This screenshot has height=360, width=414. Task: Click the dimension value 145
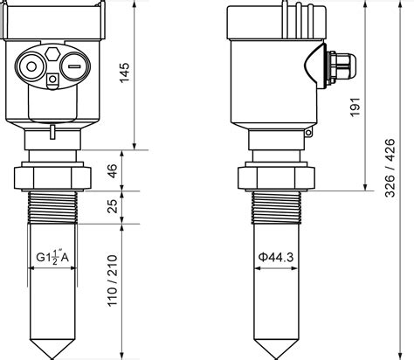[124, 73]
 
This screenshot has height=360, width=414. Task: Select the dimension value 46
[113, 171]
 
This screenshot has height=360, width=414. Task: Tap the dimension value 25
[113, 206]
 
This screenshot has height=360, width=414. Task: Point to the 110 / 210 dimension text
[113, 280]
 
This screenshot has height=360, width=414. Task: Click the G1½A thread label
[52, 257]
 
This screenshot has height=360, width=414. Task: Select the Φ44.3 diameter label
[276, 257]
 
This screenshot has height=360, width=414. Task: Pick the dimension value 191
[355, 107]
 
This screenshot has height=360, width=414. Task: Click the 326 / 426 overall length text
[390, 168]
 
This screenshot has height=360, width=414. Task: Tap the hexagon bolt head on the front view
[52, 53]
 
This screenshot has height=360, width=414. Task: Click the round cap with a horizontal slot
[74, 66]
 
